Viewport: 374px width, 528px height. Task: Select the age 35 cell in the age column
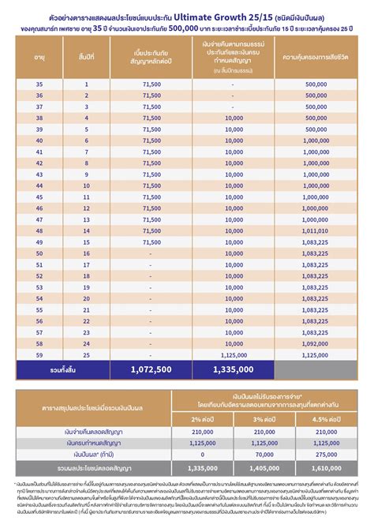click(41, 83)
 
